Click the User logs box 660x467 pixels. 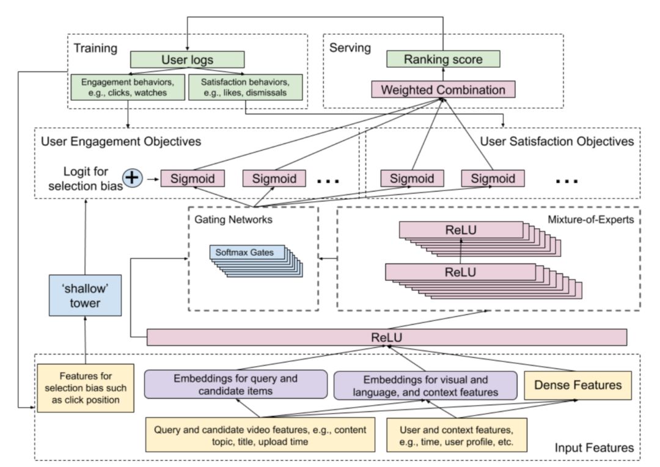click(x=187, y=60)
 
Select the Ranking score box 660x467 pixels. click(x=443, y=59)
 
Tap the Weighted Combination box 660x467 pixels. click(x=443, y=90)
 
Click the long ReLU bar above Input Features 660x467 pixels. click(x=387, y=337)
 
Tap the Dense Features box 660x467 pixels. click(x=577, y=385)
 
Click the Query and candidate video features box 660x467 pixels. click(x=260, y=434)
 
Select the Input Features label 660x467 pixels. click(x=594, y=448)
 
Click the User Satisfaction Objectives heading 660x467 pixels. click(x=557, y=142)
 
